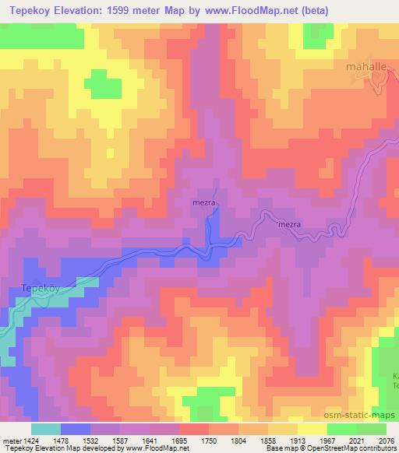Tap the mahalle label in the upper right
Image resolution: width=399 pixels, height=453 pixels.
click(x=366, y=68)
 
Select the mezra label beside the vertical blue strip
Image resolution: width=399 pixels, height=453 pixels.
click(x=203, y=205)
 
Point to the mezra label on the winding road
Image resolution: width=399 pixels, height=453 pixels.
click(x=290, y=225)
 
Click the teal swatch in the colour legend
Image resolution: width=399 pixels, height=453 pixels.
click(x=46, y=428)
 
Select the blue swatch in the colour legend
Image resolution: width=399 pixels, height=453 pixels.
click(x=76, y=428)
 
